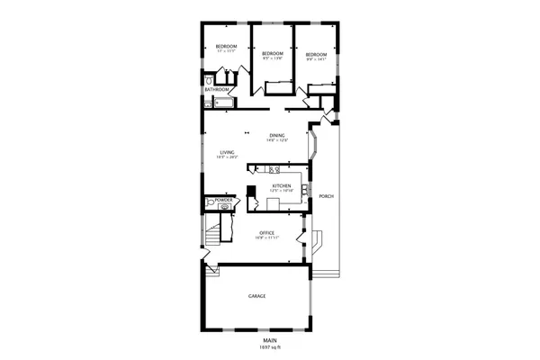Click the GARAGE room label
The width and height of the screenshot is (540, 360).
256,296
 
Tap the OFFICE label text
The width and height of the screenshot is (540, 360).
265,231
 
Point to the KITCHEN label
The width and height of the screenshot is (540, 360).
282,185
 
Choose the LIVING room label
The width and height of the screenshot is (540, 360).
227,152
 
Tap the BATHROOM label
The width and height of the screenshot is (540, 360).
216,90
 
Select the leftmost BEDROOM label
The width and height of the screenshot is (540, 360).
225,46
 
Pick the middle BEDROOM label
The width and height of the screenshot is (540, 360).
273,54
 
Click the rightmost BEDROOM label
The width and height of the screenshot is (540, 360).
315,54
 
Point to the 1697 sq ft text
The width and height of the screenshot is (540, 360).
269,346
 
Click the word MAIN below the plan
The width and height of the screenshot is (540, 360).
269,340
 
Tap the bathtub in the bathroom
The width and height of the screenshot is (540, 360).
220,103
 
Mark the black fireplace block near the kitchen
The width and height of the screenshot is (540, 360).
252,191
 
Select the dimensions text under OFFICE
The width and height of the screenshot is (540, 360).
265,238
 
